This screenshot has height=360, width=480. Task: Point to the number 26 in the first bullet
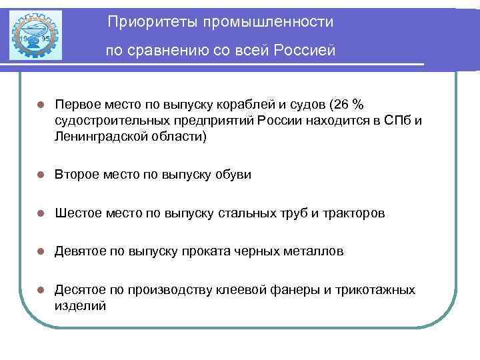[x=342, y=105]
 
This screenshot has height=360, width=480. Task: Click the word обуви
[x=233, y=175]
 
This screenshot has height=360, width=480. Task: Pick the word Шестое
[x=77, y=213]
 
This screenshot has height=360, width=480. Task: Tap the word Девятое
[x=81, y=251]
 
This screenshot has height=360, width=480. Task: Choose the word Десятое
[x=81, y=290]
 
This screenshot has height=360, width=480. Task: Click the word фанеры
[x=291, y=290]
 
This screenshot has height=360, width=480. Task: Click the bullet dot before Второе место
[x=40, y=175]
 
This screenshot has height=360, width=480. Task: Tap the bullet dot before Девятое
[x=40, y=252]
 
